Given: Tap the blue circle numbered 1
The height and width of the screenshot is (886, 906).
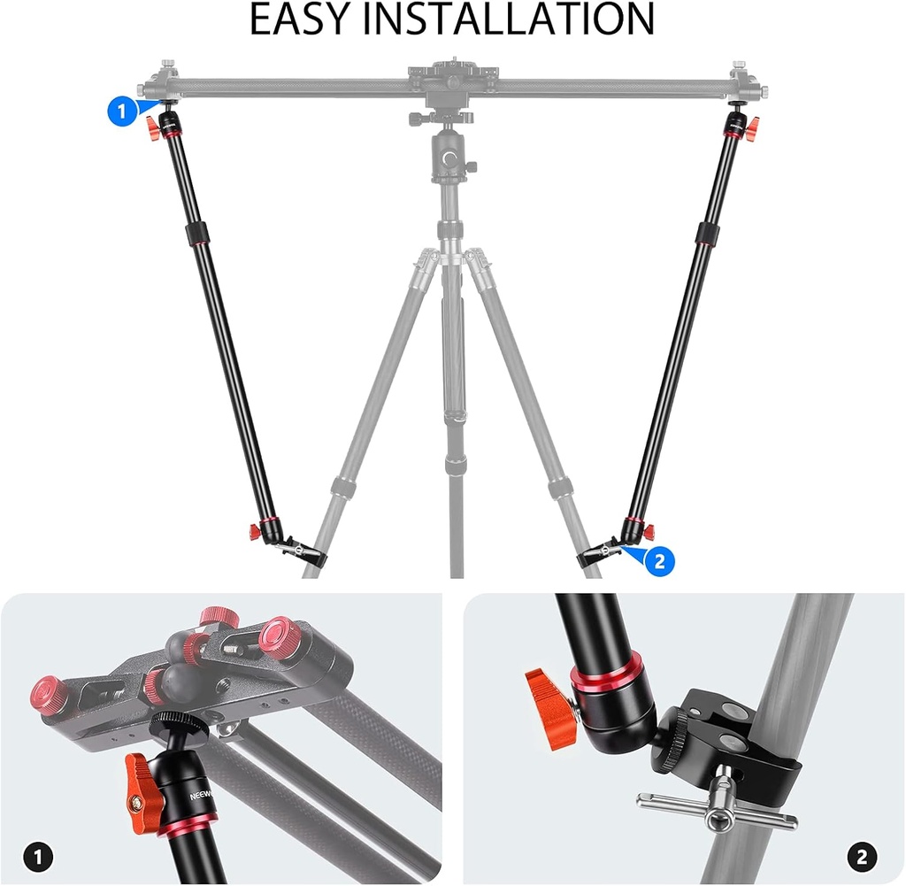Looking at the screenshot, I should coord(122,112).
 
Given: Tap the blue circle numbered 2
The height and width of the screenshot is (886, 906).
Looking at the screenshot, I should coord(660,560).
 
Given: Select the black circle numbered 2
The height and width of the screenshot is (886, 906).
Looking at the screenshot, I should coord(862,856).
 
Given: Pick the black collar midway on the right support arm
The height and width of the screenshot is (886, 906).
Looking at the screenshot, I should coord(706,234).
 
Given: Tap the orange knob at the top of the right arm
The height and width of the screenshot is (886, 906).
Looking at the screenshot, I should coord(752,130).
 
